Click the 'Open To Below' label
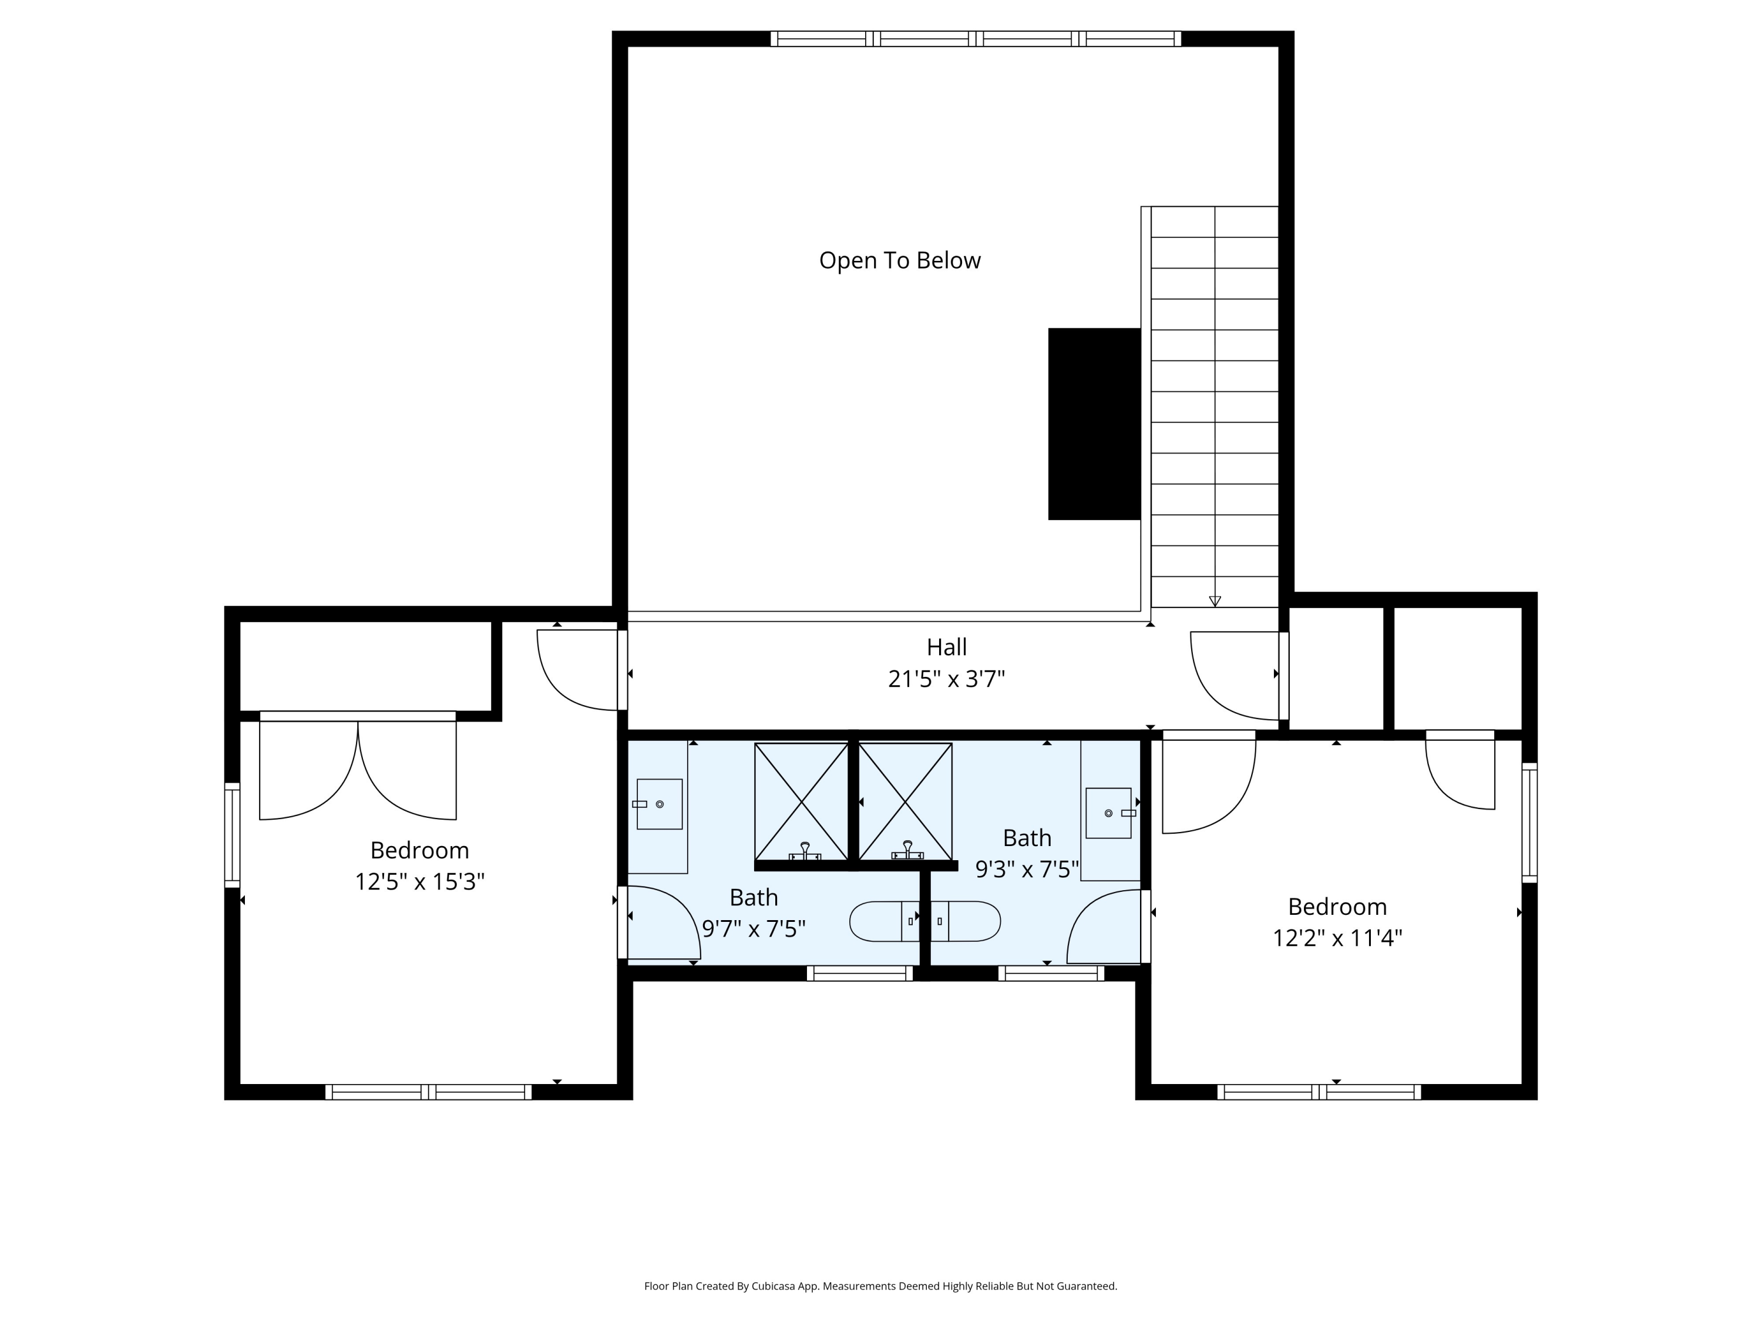[x=899, y=260]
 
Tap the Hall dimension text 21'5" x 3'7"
[x=946, y=679]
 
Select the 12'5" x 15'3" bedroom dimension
[x=420, y=882]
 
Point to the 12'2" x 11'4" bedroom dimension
[x=1337, y=938]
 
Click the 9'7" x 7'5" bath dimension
[x=754, y=929]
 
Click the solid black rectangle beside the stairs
[x=1094, y=424]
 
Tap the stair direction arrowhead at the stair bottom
[x=1215, y=601]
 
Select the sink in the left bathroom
[x=659, y=804]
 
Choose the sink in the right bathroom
[x=1109, y=813]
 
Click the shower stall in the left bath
[x=801, y=801]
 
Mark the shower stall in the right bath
[x=905, y=801]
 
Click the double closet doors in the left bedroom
[x=358, y=765]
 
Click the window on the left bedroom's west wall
[x=232, y=835]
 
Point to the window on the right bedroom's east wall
[x=1529, y=823]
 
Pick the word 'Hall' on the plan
[x=946, y=646]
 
